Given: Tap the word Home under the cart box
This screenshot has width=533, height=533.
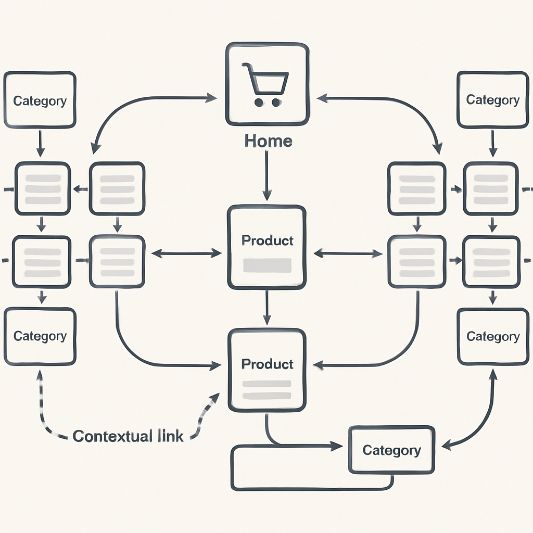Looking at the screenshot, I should coord(268,141).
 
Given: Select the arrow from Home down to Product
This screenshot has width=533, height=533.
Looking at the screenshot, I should coord(266,177).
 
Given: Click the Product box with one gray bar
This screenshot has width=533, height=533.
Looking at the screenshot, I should coord(266,247).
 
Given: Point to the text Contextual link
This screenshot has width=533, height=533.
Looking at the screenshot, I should coord(128,436).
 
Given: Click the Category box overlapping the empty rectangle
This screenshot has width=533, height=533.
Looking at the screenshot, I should coord(391,450).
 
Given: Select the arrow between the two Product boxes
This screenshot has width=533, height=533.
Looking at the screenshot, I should coord(266,307).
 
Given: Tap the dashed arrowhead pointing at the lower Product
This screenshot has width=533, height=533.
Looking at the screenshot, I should coord(213,398).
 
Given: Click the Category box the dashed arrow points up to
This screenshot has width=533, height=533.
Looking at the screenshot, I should coord(40,336).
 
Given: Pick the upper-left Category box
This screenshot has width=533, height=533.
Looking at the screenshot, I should coord(40,100).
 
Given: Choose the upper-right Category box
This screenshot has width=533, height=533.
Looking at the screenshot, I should coord(492,100).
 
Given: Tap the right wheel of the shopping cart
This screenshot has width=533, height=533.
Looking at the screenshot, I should coord(276,103).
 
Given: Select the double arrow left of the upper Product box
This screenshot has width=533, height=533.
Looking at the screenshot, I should coord(186,253).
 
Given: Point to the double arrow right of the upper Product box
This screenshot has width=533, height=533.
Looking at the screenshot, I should coord(348,253).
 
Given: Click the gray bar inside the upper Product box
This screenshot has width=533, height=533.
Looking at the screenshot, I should coord(266,265).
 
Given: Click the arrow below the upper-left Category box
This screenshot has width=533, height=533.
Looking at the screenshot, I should coord(40,144).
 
